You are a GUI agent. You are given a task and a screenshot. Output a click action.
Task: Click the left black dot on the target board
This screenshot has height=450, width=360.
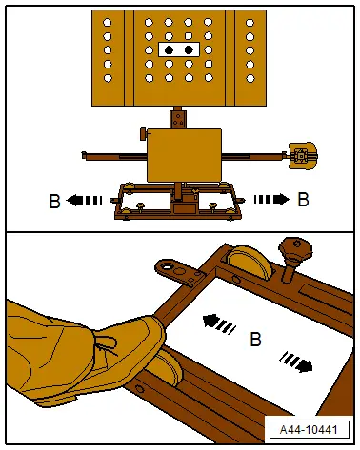pos(169,49)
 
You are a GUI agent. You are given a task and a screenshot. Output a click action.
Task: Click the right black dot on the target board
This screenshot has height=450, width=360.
pos(189,49)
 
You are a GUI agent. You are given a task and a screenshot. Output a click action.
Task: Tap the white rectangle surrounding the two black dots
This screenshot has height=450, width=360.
pos(179,49)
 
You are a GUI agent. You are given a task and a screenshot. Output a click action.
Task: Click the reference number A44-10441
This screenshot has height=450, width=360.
pos(309,430)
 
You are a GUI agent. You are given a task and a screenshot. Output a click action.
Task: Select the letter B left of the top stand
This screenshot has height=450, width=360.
pos(54,201)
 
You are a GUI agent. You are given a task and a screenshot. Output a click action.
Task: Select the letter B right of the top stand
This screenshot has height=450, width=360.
pos(303,200)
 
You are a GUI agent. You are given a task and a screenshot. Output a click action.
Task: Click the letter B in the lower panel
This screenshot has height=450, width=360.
pos(255,339)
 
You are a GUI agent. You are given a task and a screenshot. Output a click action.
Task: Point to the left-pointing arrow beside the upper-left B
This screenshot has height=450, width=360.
pos(84,201)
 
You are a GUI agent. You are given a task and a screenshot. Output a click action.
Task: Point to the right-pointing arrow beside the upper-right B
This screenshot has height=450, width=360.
pos(272,199)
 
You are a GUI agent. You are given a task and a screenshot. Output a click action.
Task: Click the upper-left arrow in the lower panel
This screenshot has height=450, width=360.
pos(219,324)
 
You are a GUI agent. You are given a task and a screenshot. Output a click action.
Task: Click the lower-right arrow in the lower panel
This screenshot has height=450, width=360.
pos(296,362)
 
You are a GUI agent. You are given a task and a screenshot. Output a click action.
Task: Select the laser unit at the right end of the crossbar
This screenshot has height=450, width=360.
pos(303,156)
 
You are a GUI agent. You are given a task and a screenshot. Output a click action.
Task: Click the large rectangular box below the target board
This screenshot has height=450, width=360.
pos(184,155)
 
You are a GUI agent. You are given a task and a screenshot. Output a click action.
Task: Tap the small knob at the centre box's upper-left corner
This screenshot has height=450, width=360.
pos(144,134)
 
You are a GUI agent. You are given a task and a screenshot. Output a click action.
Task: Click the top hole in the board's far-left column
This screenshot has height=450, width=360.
pos(108,23)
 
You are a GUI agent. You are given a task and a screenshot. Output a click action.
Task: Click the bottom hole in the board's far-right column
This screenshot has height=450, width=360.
pos(250,78)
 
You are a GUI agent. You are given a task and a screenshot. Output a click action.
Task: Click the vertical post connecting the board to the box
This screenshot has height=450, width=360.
pos(178,117)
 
